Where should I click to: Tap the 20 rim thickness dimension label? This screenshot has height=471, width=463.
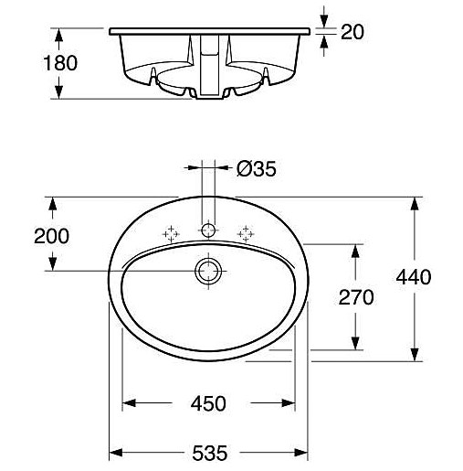click(353, 32)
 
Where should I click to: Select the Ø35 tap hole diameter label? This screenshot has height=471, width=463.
click(256, 168)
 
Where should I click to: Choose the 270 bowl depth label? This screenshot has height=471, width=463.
click(356, 296)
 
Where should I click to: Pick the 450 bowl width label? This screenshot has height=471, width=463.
click(209, 402)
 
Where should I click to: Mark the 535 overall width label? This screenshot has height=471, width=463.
click(209, 452)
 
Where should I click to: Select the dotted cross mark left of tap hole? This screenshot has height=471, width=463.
click(170, 234)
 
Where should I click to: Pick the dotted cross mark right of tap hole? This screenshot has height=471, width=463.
click(245, 234)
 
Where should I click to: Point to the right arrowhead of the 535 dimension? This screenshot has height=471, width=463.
click(304, 452)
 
